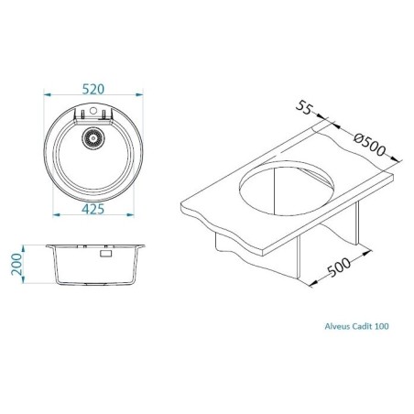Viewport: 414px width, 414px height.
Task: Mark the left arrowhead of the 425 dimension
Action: pos(54,217)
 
